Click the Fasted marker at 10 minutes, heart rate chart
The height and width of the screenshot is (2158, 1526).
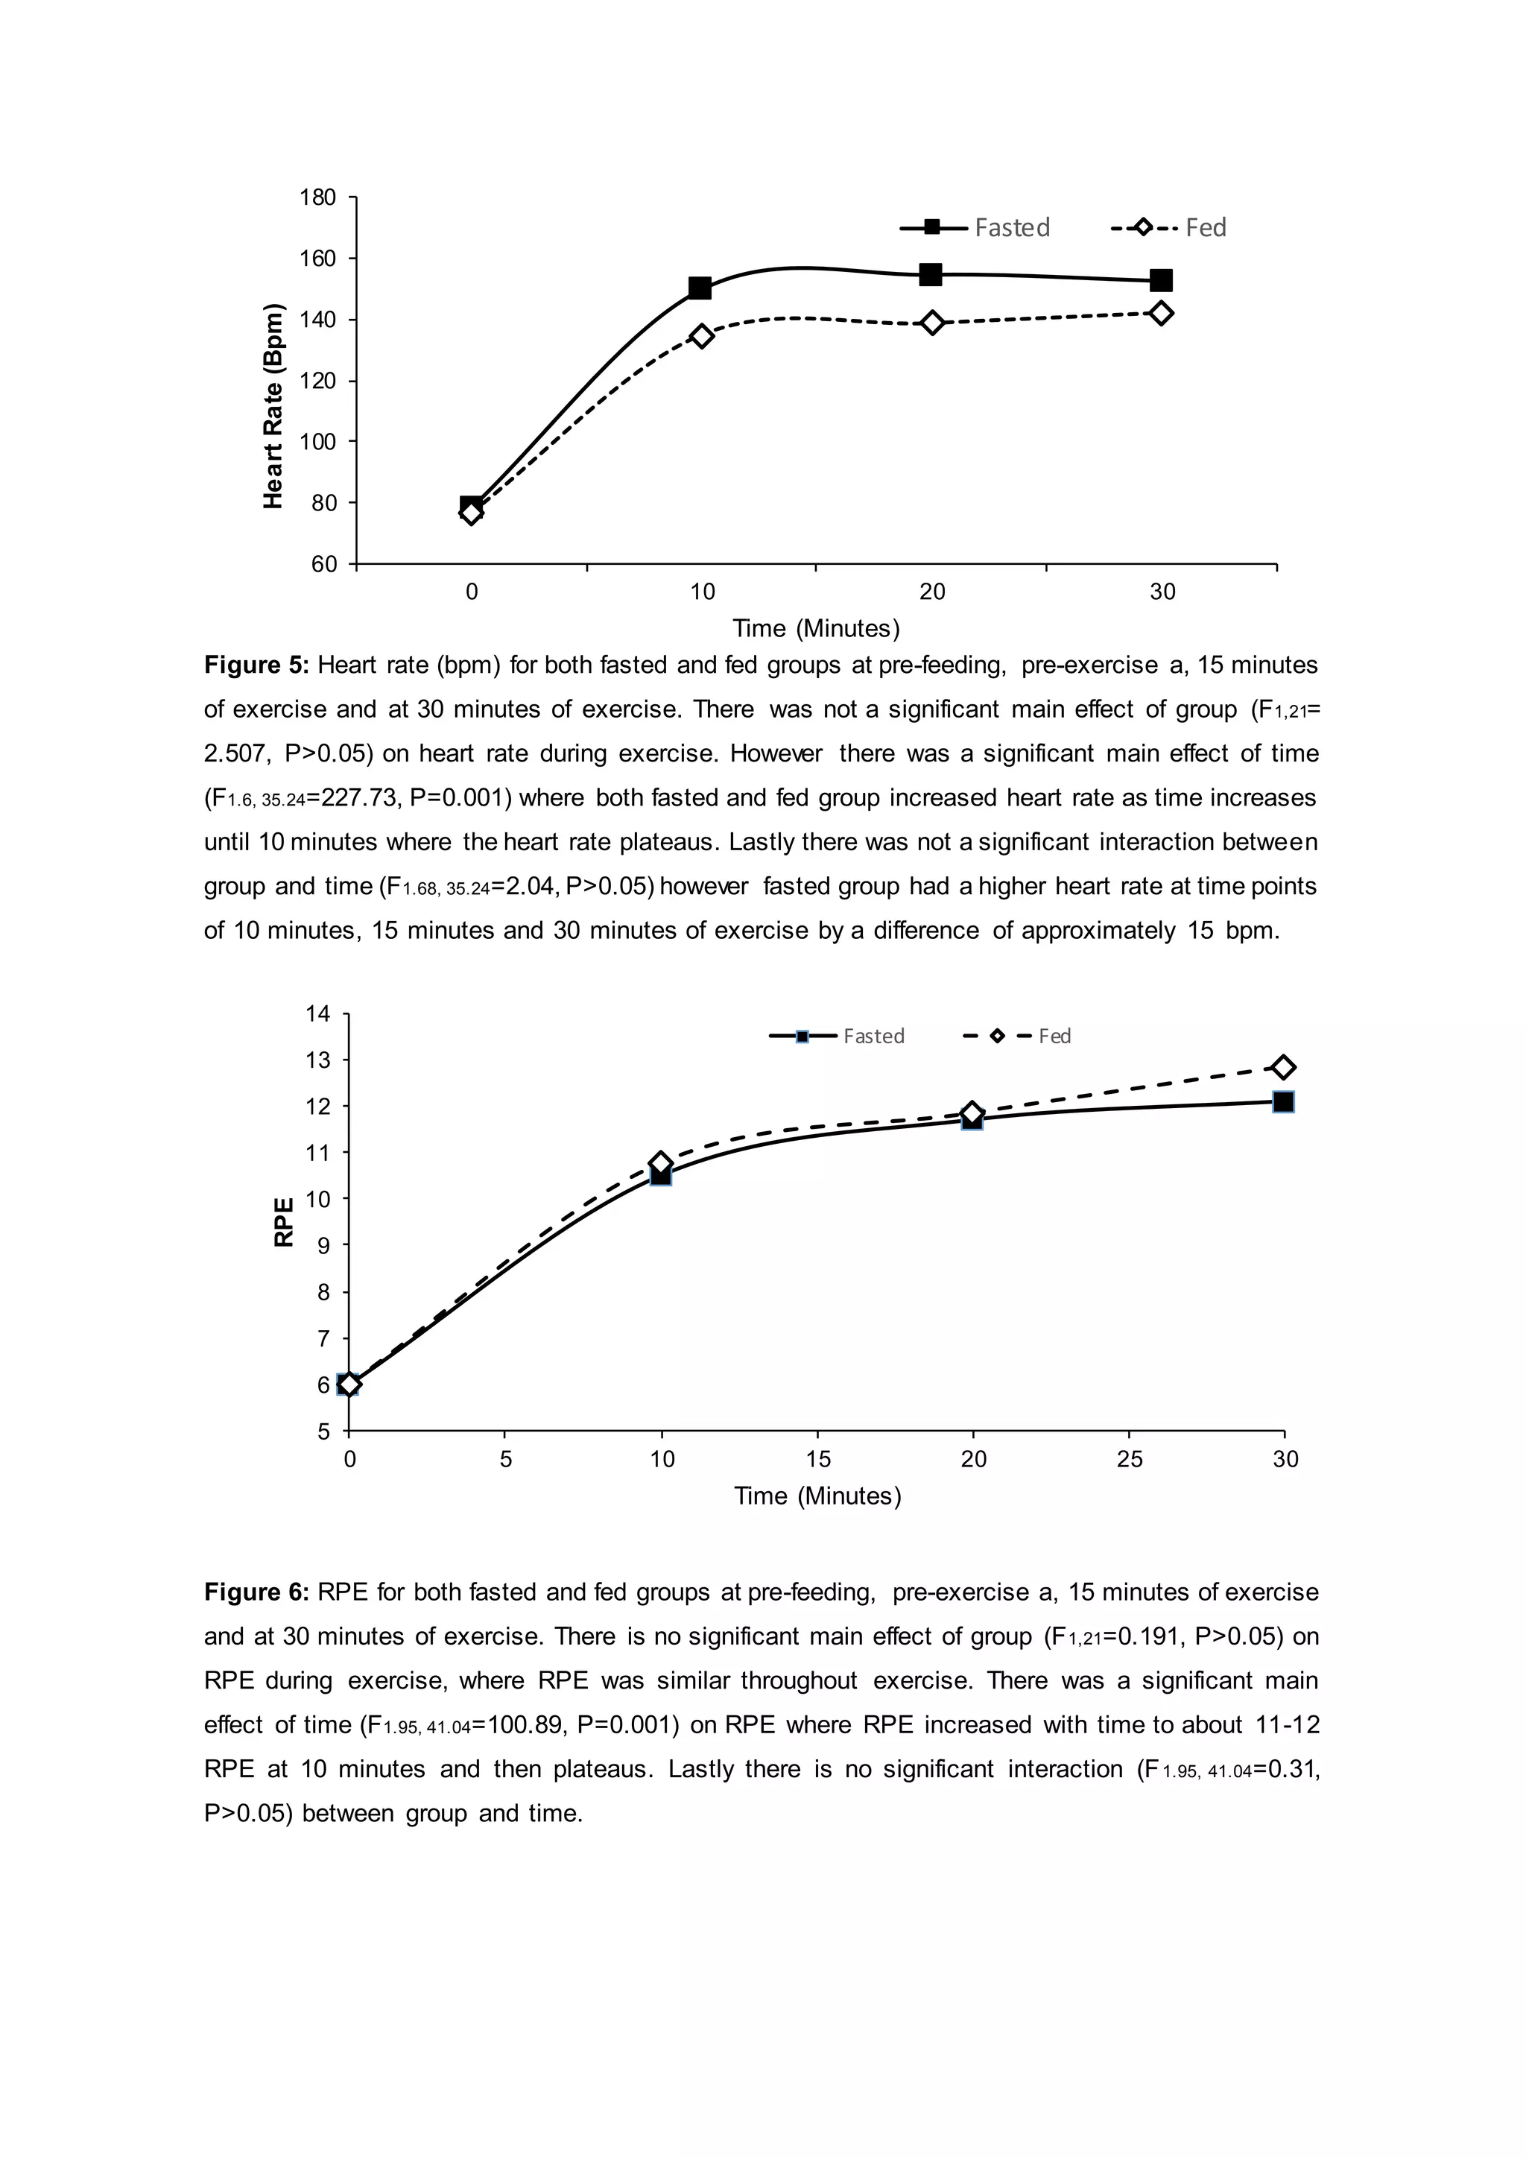tap(700, 288)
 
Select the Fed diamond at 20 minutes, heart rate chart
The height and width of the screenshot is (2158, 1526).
tap(932, 323)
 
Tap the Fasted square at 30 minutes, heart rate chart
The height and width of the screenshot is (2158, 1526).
tap(1162, 280)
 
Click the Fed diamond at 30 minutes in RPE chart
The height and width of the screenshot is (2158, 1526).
tap(1284, 1067)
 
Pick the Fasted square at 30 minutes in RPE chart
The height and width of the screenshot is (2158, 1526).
tap(1284, 1101)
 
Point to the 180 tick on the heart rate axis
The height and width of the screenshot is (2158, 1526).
tap(317, 197)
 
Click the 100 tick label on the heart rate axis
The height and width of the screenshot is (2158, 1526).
tap(317, 442)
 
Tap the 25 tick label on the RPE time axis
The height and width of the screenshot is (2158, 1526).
tap(1130, 1459)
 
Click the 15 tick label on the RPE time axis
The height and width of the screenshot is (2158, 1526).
tap(817, 1459)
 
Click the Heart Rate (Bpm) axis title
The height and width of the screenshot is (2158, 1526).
tap(273, 406)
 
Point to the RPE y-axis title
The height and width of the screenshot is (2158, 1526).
tap(284, 1222)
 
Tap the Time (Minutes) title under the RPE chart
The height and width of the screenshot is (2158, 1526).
tap(817, 1496)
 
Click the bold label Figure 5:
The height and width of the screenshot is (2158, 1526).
tap(256, 665)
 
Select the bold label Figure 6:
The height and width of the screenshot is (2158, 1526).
tap(256, 1592)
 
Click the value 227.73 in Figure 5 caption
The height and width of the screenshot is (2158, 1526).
tap(360, 798)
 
